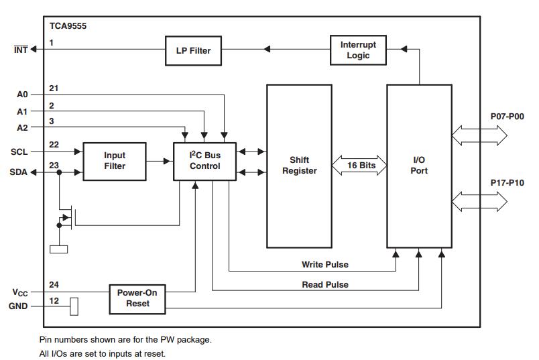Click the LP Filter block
[194, 51]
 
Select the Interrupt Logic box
[358, 50]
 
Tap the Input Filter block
[114, 161]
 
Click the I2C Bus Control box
[204, 161]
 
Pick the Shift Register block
[299, 166]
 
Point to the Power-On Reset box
[137, 298]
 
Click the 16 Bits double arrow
[359, 165]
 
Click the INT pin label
[21, 49]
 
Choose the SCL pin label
[19, 152]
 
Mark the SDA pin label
[19, 172]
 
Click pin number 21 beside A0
[54, 89]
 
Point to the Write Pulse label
[325, 265]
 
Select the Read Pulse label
[325, 285]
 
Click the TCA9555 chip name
[68, 27]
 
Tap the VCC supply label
[20, 292]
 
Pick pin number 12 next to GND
[54, 300]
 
